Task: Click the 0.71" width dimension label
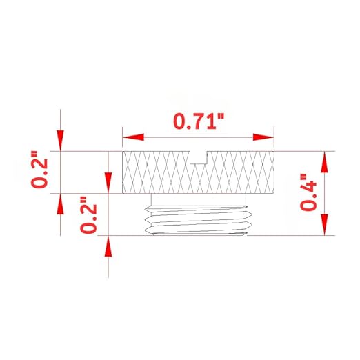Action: [199, 121]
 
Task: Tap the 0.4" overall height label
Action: [308, 192]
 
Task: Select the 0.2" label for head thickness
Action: [39, 170]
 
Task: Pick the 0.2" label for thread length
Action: [88, 214]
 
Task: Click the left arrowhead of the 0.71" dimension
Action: [133, 137]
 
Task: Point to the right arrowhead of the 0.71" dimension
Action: [263, 137]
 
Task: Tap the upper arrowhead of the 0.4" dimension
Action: [324, 161]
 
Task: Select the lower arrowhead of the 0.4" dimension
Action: [324, 225]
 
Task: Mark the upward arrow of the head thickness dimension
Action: [60, 204]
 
